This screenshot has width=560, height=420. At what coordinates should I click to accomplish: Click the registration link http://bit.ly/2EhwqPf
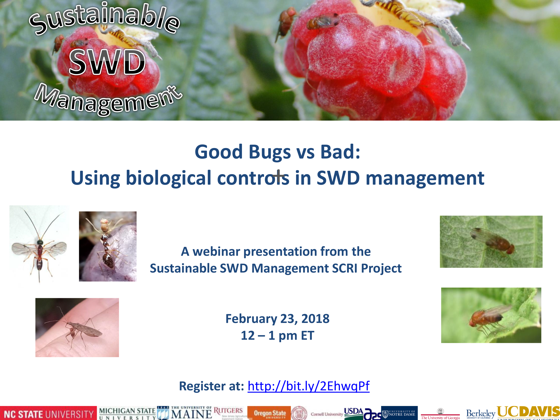[x=308, y=386]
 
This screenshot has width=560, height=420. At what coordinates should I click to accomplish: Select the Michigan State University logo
[x=127, y=413]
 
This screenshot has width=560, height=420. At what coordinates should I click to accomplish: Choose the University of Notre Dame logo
[x=399, y=413]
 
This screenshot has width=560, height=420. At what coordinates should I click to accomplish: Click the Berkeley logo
[x=480, y=414]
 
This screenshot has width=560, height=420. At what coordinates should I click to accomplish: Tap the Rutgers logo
[x=228, y=411]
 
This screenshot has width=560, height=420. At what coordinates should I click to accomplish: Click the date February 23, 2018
[x=277, y=318]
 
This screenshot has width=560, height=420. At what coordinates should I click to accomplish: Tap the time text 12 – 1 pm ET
[x=277, y=335]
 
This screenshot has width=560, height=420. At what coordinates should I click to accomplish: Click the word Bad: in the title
[x=340, y=152]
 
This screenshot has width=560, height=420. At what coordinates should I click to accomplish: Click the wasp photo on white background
[x=39, y=244]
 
